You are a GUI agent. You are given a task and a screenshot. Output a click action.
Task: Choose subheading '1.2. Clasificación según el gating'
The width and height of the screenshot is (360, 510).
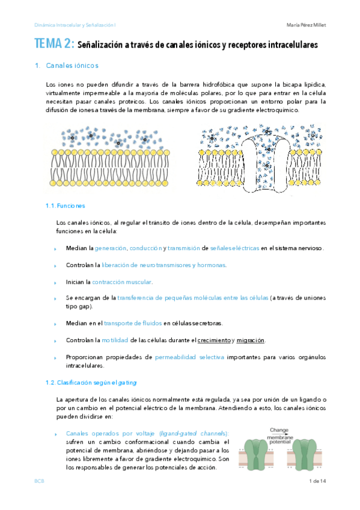coord(91,382)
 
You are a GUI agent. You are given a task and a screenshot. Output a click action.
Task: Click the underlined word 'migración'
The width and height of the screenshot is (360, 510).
coord(251,340)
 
